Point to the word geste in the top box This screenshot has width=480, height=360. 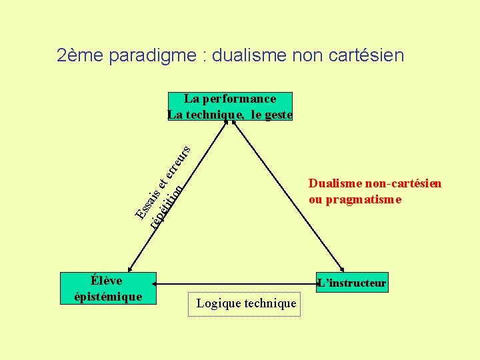(279, 115)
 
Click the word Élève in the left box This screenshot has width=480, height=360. (108, 281)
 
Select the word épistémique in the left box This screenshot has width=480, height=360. (108, 297)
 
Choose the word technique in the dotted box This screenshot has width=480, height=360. (270, 304)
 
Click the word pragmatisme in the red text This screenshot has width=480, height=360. (369, 199)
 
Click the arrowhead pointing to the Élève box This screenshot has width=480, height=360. (131, 267)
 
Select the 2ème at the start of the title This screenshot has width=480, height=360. (79, 55)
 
